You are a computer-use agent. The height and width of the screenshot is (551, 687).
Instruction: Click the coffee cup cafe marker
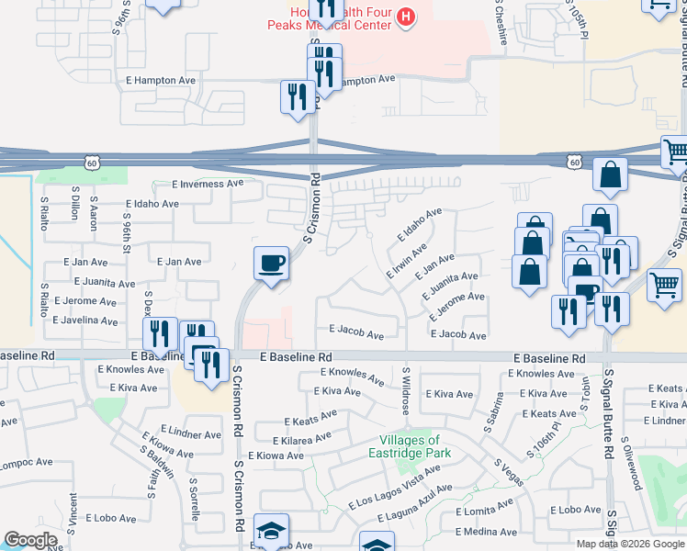[x=271, y=264]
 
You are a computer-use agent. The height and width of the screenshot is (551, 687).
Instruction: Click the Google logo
[x=30, y=540]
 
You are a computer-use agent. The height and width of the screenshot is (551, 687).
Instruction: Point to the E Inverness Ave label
[x=207, y=184]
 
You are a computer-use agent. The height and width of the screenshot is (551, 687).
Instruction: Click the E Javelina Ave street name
[x=85, y=321]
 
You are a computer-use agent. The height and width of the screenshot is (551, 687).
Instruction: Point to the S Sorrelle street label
[x=195, y=499]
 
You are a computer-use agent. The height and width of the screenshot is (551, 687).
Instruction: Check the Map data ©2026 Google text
[x=629, y=544]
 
